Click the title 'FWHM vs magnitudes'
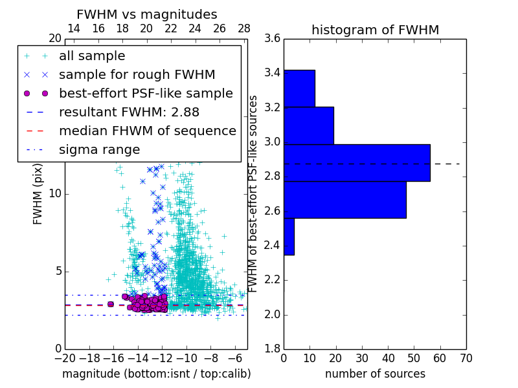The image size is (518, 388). pos(147,15)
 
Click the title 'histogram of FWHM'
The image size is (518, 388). pos(375,30)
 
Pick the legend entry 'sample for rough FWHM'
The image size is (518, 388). pos(137,75)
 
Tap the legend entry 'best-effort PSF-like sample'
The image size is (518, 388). pos(146,93)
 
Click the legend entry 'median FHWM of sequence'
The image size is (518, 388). pos(147,131)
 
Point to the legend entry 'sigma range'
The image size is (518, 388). pos(99,149)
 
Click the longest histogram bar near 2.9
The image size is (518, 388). pos(357,163)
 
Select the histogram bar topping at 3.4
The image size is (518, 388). pos(299,88)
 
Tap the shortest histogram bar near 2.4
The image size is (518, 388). pos(289,236)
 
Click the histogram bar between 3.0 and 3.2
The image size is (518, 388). pos(308,125)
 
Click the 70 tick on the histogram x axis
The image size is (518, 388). pos(466,358)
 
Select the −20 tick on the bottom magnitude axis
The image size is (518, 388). pos(65,358)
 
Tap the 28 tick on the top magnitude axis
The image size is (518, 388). pos(244,28)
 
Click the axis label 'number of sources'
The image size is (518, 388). pos(375,374)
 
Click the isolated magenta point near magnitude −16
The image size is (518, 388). pos(110,304)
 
